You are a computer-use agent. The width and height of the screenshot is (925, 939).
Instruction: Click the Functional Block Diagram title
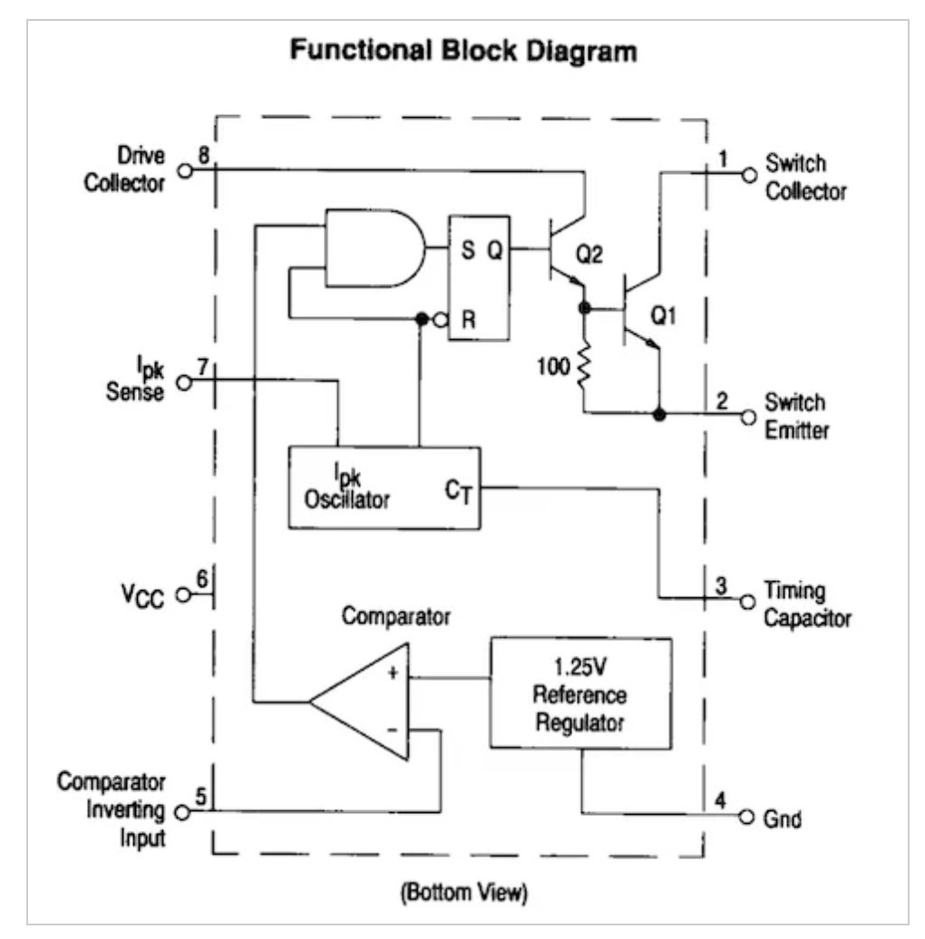[x=462, y=52]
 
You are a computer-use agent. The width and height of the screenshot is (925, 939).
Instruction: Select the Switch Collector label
[x=806, y=178]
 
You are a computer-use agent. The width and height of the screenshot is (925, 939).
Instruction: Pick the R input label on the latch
[x=465, y=320]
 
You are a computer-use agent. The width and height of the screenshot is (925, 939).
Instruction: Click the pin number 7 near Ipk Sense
[x=203, y=368]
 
